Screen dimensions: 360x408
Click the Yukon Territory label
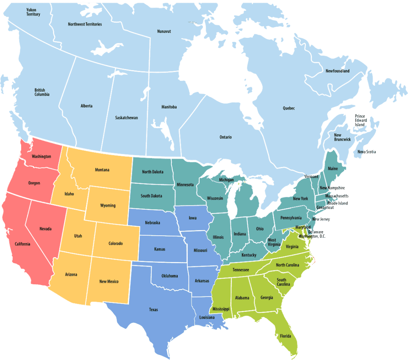[x=33, y=12]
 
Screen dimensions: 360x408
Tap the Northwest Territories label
[x=84, y=24]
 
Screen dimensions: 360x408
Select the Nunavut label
[x=164, y=31]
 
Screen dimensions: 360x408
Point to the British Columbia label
[x=42, y=92]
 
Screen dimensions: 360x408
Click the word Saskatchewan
[x=126, y=118]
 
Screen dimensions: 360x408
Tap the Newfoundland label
[x=337, y=71]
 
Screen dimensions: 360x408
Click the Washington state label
[x=41, y=156]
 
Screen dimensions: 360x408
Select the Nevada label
[x=45, y=229]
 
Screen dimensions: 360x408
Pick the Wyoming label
[x=108, y=206]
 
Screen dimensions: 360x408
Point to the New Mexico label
[x=109, y=281]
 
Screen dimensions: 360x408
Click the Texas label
[x=153, y=309]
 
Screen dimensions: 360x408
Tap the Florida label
[x=285, y=335]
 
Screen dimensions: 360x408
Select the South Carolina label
[x=281, y=282]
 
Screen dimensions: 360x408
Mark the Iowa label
[x=192, y=218]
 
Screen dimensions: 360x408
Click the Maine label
[x=332, y=169]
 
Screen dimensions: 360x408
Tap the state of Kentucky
[x=249, y=255]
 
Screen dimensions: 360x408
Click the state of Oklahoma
[x=169, y=276]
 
